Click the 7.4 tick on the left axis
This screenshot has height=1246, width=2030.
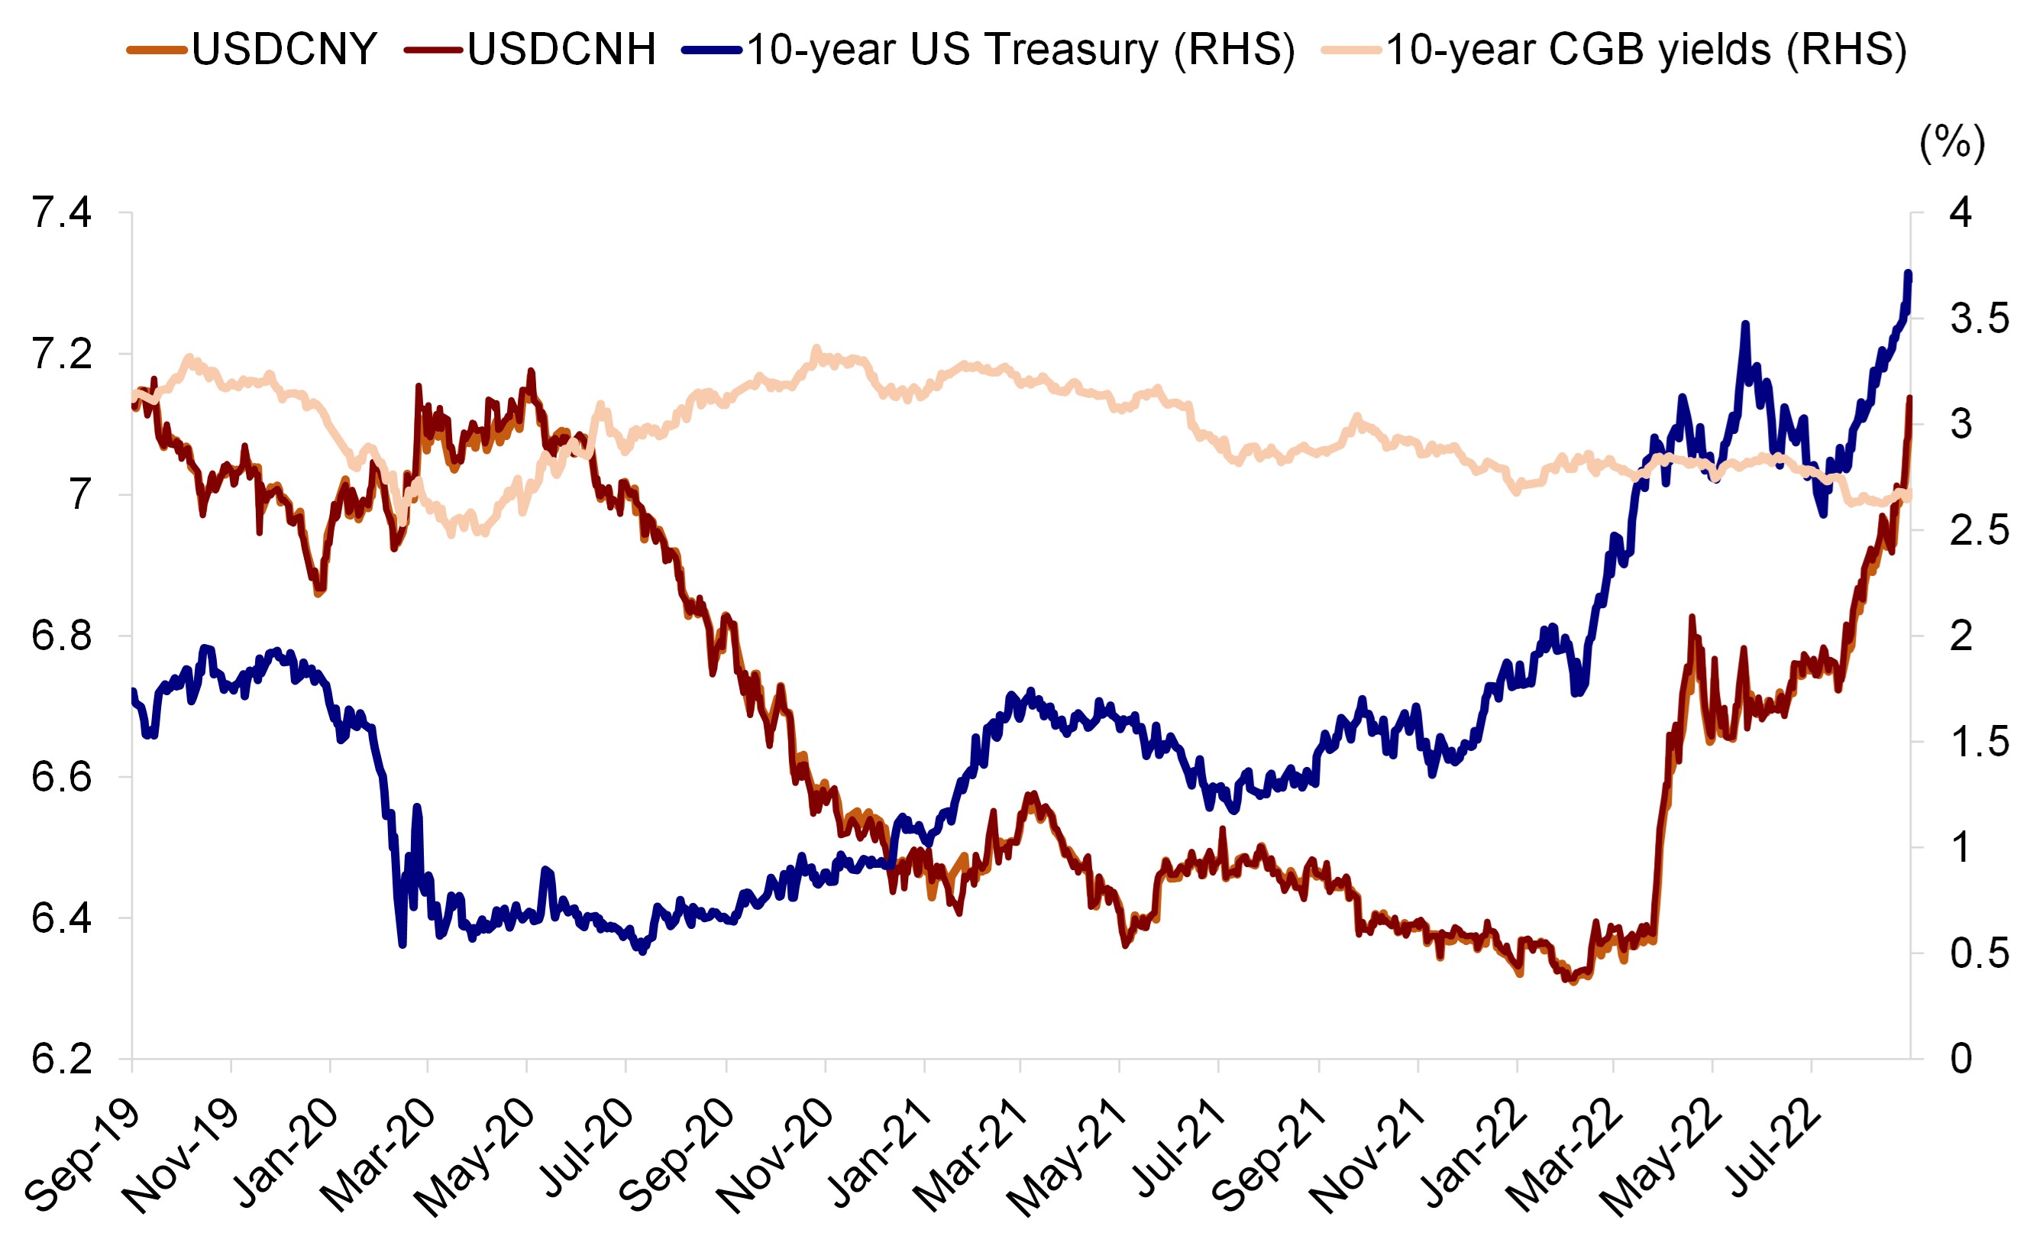pyautogui.click(x=62, y=212)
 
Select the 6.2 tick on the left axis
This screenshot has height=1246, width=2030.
pyautogui.click(x=62, y=1059)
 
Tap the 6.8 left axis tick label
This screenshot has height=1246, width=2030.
pyautogui.click(x=62, y=636)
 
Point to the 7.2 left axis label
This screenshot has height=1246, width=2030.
pyautogui.click(x=62, y=354)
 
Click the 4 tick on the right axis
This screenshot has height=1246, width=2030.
pyautogui.click(x=1961, y=212)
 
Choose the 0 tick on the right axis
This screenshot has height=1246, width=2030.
pyautogui.click(x=1961, y=1059)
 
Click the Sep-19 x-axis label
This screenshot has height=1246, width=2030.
pyautogui.click(x=82, y=1158)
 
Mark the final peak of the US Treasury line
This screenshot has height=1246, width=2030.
pyautogui.click(x=1908, y=273)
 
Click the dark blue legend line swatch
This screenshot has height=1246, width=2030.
pyautogui.click(x=712, y=50)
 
